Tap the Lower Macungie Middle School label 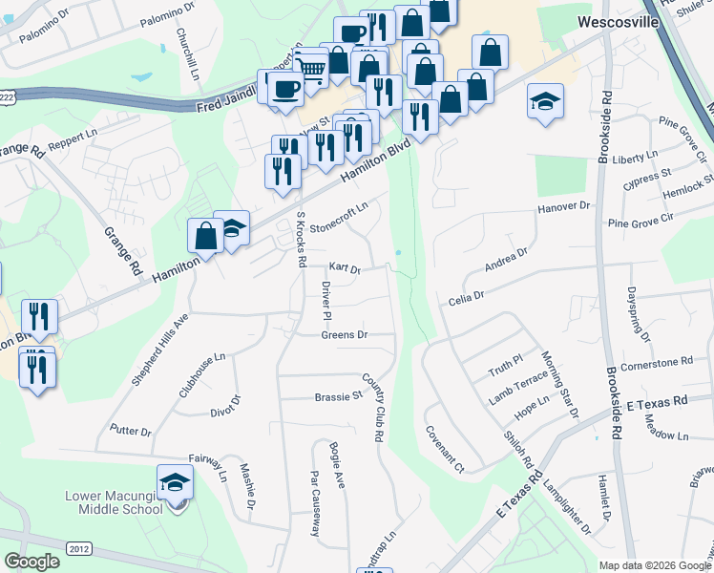pyautogui.click(x=115, y=502)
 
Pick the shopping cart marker pyautogui.click(x=310, y=68)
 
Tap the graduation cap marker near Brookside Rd pyautogui.click(x=545, y=102)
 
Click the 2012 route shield pyautogui.click(x=80, y=547)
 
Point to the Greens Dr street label pyautogui.click(x=345, y=335)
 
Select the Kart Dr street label pyautogui.click(x=344, y=270)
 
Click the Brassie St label pyautogui.click(x=339, y=395)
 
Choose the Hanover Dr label pyautogui.click(x=564, y=206)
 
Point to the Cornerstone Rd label pyautogui.click(x=656, y=362)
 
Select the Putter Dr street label pyautogui.click(x=131, y=432)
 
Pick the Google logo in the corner pyautogui.click(x=31, y=562)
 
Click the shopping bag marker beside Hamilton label pyautogui.click(x=206, y=236)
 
